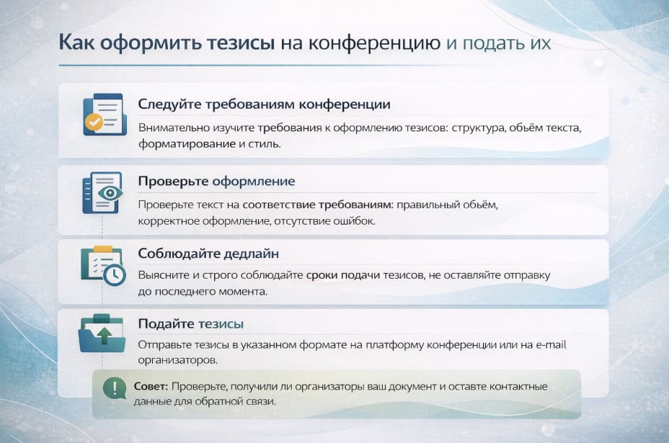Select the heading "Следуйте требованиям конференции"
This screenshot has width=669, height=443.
tap(264, 104)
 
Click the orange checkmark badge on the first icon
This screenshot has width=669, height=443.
tap(94, 122)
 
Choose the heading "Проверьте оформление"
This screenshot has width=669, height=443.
tap(216, 181)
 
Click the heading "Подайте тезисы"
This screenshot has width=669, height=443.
tap(190, 323)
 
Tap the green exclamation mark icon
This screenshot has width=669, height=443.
tap(114, 389)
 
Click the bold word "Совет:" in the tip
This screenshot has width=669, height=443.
tap(151, 387)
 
